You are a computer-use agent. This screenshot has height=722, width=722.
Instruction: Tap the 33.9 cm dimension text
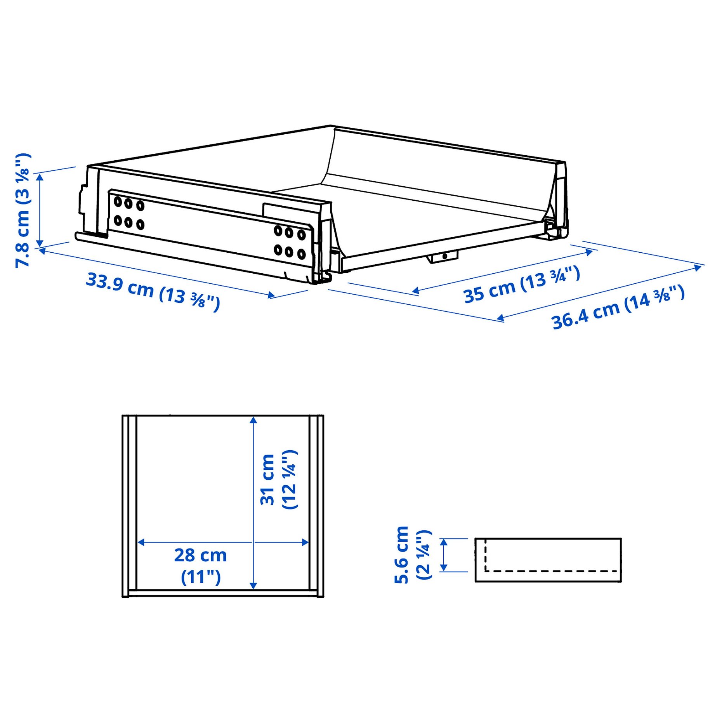point(153,291)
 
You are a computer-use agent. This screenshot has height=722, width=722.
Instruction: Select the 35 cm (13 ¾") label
point(521,285)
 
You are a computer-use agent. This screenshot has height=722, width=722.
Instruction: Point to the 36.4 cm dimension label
point(618,307)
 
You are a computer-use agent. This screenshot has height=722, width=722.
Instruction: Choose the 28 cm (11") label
point(200,566)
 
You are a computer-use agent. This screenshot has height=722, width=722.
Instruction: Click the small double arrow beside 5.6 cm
point(444,555)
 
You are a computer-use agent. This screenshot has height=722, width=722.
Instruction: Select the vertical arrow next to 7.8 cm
point(40,210)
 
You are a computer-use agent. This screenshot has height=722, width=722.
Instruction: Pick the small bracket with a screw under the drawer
point(443,257)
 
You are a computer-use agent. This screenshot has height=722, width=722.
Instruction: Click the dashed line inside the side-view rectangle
point(551,571)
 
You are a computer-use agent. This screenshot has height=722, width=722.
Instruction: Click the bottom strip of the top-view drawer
point(223,593)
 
